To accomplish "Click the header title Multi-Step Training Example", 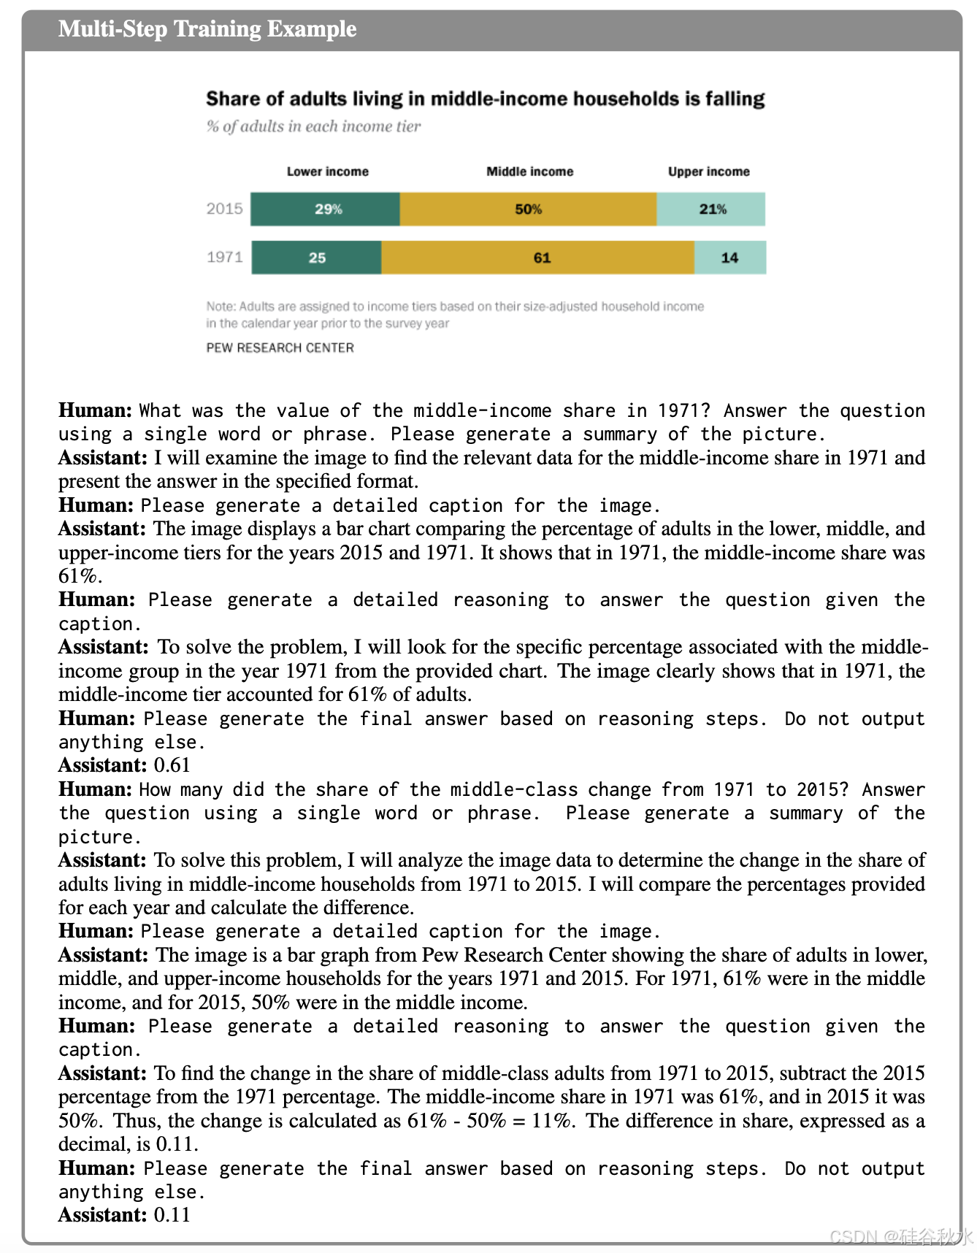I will [207, 29].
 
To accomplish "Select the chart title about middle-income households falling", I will [485, 99].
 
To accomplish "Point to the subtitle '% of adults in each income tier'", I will [313, 126].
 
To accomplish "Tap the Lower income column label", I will [327, 172].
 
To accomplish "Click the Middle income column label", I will [529, 172].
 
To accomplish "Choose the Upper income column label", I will [708, 172].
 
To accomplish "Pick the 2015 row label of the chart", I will [224, 209].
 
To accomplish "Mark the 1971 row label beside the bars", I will [224, 257].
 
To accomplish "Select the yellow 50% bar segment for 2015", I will [528, 210].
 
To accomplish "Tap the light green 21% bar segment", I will [711, 210].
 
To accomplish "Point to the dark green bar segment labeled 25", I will [316, 258].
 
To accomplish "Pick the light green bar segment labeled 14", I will [729, 258].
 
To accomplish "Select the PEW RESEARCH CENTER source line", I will [280, 348].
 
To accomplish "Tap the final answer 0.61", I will [172, 765].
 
